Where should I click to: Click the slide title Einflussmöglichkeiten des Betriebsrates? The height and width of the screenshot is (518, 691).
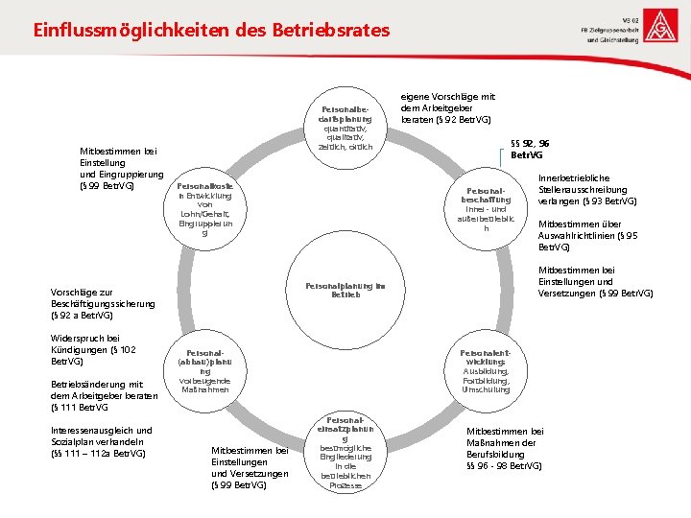(211, 30)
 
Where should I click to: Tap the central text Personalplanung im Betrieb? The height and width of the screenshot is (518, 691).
(345, 289)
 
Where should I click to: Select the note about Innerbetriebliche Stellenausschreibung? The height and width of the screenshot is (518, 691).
(587, 189)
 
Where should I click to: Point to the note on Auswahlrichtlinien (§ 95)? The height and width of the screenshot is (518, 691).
(587, 235)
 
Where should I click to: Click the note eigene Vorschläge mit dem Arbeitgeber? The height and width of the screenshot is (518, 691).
(448, 107)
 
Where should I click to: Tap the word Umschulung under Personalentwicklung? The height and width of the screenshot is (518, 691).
(486, 389)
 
